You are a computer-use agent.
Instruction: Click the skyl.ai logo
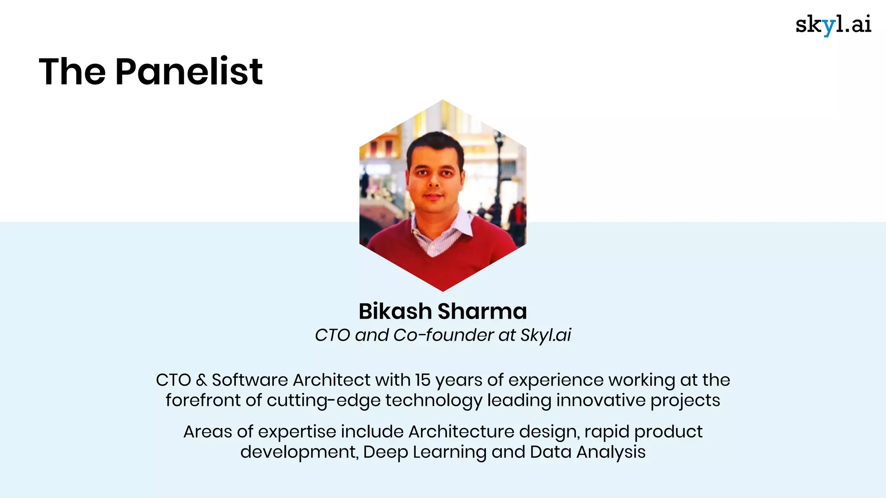833,25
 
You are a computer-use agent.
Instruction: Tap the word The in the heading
72,71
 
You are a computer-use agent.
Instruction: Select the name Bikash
395,311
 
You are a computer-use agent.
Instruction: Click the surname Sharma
482,311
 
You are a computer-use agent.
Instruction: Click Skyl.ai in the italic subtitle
546,335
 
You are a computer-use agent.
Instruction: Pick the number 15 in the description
423,380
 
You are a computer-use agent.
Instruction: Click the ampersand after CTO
201,380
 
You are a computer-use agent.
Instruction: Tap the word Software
250,380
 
